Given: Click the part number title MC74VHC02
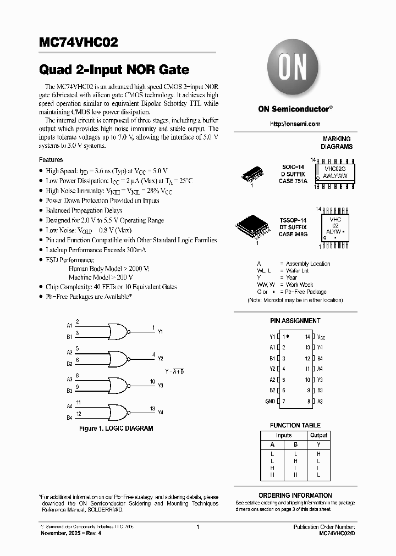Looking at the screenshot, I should pyautogui.click(x=78, y=43).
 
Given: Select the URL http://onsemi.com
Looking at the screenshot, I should pyautogui.click(x=295, y=124).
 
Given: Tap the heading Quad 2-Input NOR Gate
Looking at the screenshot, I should pyautogui.click(x=114, y=70).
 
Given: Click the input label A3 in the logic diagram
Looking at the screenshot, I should pyautogui.click(x=69, y=380).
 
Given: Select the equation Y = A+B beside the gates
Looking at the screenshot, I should pyautogui.click(x=174, y=372).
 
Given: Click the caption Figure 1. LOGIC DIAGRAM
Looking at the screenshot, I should pyautogui.click(x=116, y=428).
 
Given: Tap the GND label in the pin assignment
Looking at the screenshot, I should pyautogui.click(x=270, y=402).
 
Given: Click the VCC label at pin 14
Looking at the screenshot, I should pyautogui.click(x=322, y=336).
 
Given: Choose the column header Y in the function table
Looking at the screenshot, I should pyautogui.click(x=318, y=445).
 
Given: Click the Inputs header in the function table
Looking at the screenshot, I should pyautogui.click(x=284, y=435).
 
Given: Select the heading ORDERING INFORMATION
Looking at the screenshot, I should pyautogui.click(x=295, y=495).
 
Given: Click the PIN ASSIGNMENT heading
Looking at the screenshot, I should pyautogui.click(x=295, y=321).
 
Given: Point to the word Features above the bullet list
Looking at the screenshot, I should pyautogui.click(x=51, y=160).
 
